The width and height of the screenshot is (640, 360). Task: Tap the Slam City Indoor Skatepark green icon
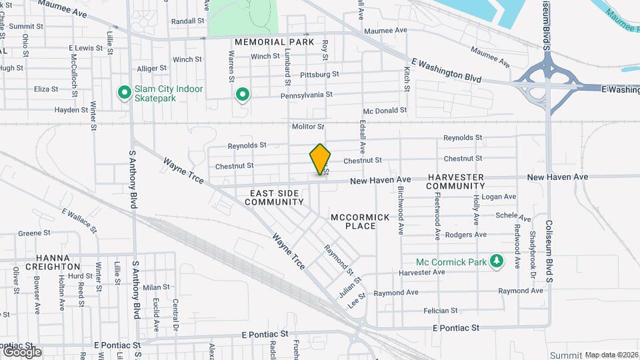[x=124, y=93]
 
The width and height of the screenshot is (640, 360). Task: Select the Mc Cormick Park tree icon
[x=495, y=262]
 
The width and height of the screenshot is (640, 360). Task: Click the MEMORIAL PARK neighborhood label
[x=274, y=42]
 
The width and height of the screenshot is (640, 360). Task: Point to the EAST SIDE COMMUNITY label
[x=277, y=197]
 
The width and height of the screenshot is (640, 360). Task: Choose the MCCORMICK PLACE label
[x=353, y=221]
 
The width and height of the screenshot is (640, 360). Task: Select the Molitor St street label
[x=307, y=126]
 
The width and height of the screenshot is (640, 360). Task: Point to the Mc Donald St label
[x=385, y=111]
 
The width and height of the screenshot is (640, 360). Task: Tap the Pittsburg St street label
[x=319, y=75]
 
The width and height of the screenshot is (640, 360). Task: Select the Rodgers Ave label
[x=465, y=235]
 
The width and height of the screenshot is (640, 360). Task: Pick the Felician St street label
[x=440, y=311]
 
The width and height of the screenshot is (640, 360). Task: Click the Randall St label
[x=187, y=21]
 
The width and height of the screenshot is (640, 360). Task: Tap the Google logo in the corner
[x=21, y=351]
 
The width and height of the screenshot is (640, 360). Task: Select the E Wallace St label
[x=79, y=221]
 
